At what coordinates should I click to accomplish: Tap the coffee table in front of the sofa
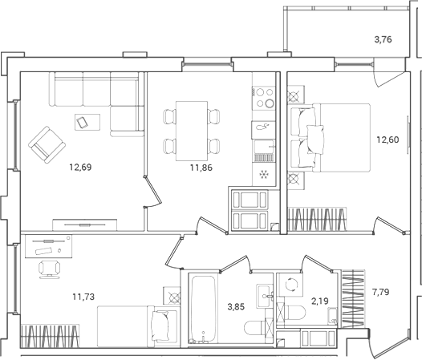pos(83,122)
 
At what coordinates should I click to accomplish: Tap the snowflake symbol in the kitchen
pos(264,174)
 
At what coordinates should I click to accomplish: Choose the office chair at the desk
pos(50,268)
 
